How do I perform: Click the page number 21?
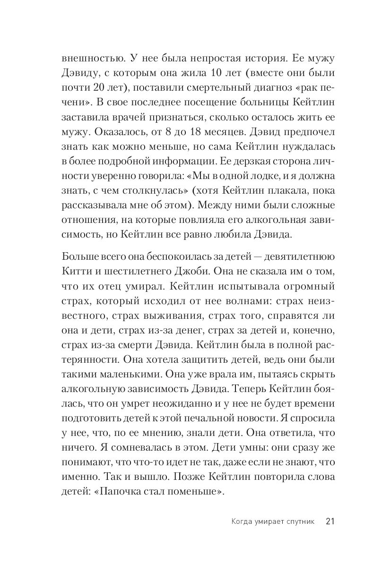tap(330, 521)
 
